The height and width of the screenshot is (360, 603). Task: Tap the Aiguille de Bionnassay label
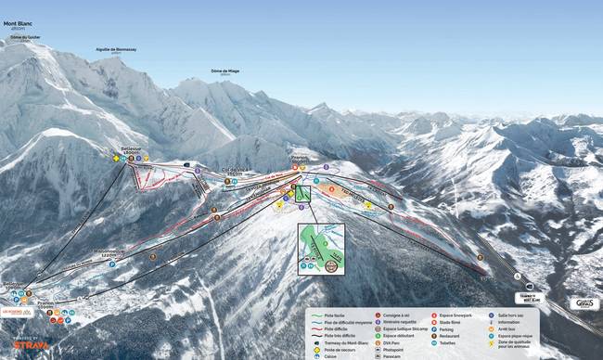[x=116, y=50]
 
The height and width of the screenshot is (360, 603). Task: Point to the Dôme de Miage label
[x=225, y=71]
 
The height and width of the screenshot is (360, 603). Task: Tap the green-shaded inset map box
[x=321, y=249]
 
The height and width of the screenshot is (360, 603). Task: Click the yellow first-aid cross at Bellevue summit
[x=117, y=159]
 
